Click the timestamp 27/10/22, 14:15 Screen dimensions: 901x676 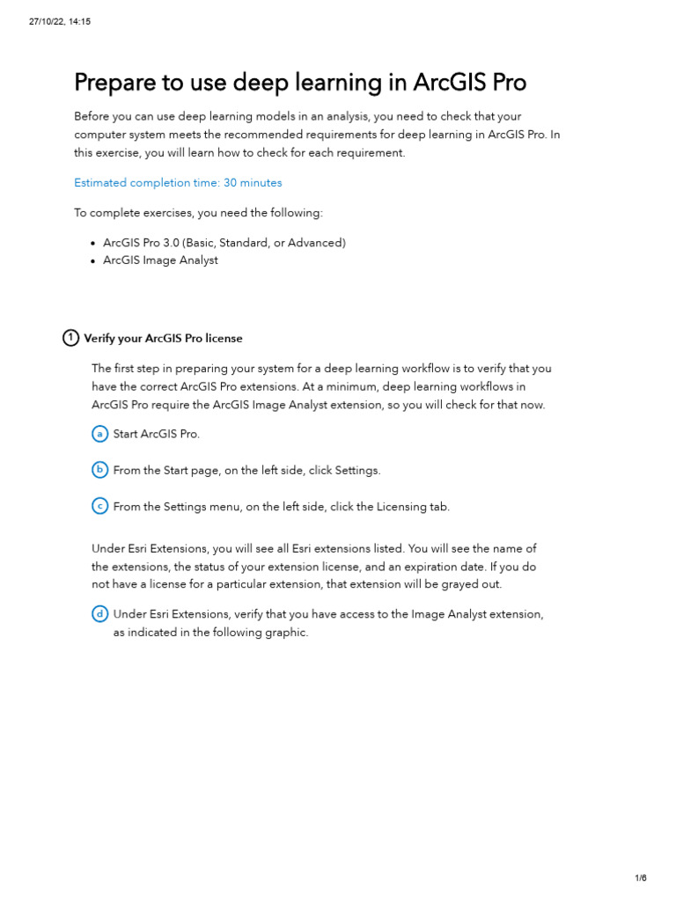coord(60,21)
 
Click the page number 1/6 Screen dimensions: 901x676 coord(640,878)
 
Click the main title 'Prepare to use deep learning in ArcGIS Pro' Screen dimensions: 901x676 coord(300,83)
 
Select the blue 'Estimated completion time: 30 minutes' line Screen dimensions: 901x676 coord(178,183)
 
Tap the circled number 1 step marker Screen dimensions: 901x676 coord(70,338)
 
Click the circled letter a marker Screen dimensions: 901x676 coord(99,434)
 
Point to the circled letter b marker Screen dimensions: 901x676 coord(99,470)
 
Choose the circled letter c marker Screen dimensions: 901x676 coord(99,506)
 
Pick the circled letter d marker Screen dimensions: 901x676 coord(99,614)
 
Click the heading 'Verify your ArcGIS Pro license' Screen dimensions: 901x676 coord(163,339)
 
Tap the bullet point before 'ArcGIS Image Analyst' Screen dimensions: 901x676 coord(93,261)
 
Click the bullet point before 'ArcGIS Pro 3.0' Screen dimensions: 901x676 coord(93,243)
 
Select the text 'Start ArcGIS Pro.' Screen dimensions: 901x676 coord(157,435)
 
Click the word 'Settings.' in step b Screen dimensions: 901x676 coord(357,471)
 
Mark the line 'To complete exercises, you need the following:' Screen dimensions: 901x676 coord(198,213)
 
